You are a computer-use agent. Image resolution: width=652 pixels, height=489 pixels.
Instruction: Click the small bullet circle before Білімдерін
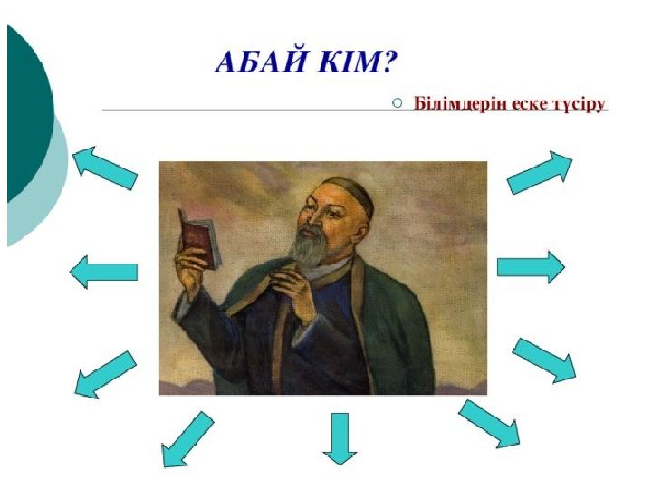[398, 102]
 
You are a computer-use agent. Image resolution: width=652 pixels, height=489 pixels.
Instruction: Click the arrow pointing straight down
[340, 438]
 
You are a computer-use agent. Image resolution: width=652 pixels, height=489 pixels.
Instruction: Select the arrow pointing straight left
[103, 272]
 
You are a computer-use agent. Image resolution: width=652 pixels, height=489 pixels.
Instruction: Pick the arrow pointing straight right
[531, 267]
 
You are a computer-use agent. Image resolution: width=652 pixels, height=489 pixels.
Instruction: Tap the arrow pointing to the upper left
[104, 168]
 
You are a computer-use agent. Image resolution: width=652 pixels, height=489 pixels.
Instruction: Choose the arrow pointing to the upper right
[540, 172]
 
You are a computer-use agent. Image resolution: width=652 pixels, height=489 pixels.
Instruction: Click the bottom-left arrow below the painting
[187, 440]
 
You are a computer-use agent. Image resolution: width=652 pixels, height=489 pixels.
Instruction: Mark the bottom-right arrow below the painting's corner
[490, 424]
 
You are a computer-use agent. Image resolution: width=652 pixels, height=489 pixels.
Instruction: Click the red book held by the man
[200, 239]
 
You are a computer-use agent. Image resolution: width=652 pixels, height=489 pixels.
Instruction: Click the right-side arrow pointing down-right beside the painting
[544, 360]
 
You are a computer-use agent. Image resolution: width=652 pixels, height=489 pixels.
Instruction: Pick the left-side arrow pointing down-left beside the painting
[105, 375]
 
